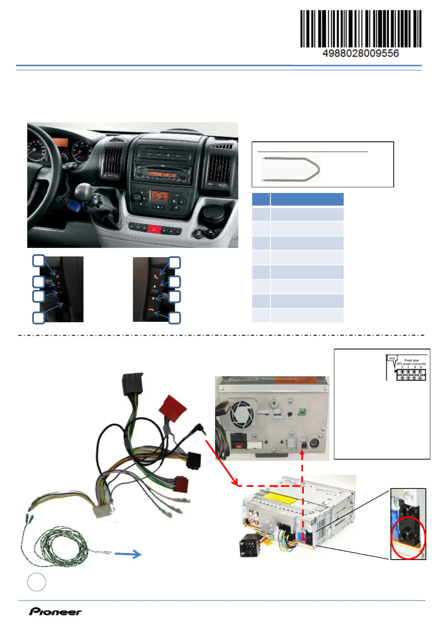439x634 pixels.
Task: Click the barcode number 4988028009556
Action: click(360, 53)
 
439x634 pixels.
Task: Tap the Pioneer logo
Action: click(55, 611)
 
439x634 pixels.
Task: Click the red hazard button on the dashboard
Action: click(154, 229)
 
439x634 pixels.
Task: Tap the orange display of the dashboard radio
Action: click(161, 174)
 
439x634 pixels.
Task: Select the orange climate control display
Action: click(160, 195)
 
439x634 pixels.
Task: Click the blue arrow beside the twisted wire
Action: click(128, 554)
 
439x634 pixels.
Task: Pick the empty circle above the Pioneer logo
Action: click(37, 582)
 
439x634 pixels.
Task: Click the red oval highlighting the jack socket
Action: click(408, 538)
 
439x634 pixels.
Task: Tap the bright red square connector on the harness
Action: click(173, 408)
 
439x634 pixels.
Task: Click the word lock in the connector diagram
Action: click(392, 358)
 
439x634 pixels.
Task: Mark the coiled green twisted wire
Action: click(61, 546)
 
